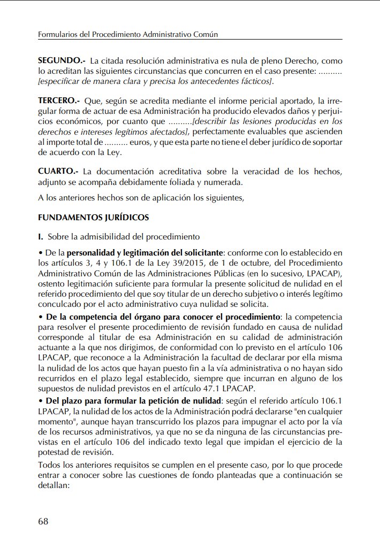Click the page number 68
point(43,521)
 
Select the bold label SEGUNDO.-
point(62,61)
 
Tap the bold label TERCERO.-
point(59,100)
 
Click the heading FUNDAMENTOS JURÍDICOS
point(93,218)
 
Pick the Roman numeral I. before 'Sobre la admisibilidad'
point(41,236)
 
